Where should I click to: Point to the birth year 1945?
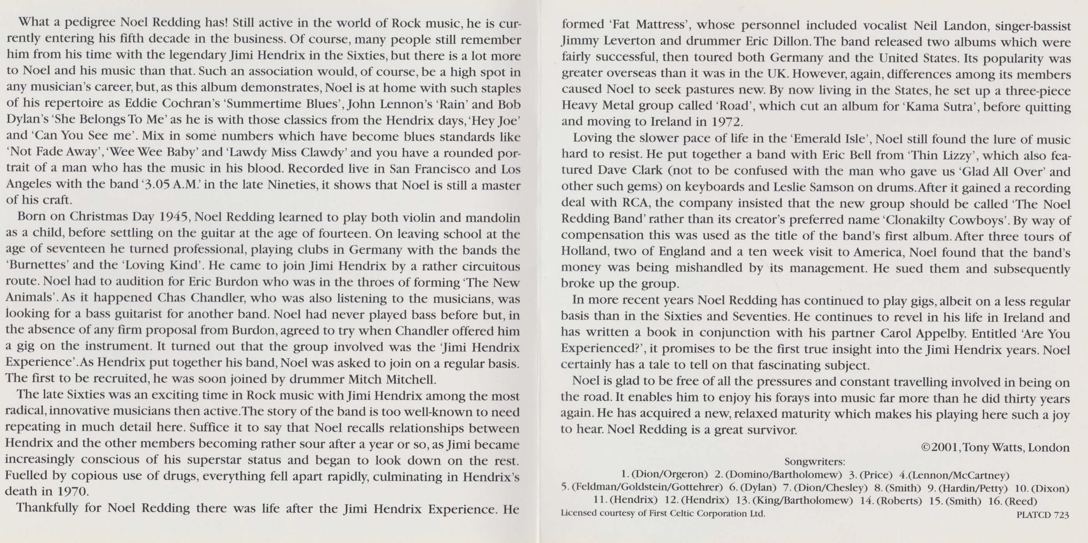[173, 217]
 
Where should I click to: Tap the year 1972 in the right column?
[725, 122]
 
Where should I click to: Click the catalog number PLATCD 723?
[1043, 515]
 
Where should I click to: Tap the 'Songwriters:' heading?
[814, 461]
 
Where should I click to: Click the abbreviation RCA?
[635, 203]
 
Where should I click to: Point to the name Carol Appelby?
[923, 334]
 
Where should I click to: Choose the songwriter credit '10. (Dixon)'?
[1042, 489]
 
